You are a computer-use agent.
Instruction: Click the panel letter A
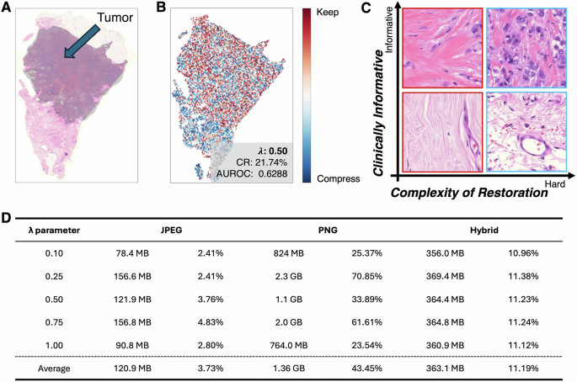pyautogui.click(x=8, y=8)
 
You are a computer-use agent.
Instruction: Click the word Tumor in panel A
pyautogui.click(x=115, y=18)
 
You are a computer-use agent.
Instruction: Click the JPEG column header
pyautogui.click(x=181, y=230)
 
